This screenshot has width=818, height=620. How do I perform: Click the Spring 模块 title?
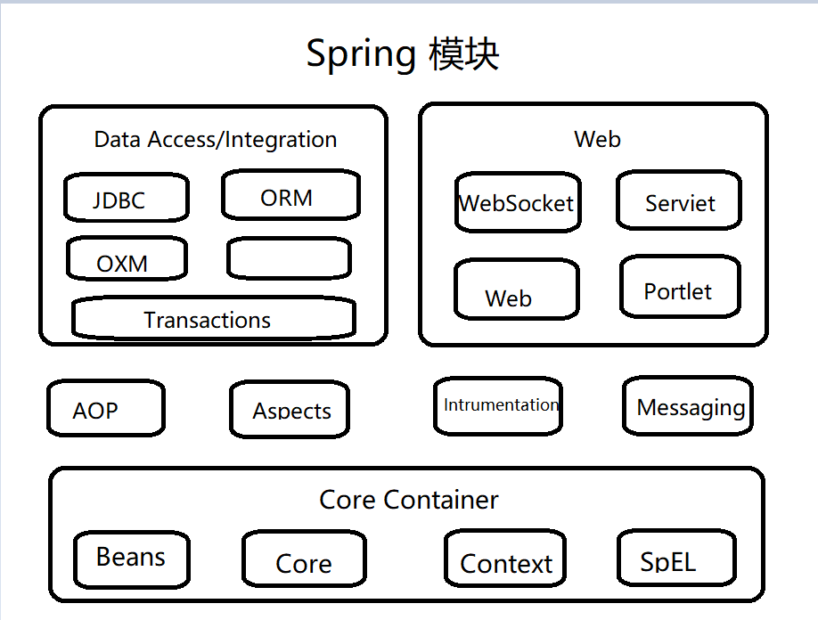403,55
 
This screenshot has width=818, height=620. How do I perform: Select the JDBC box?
126,198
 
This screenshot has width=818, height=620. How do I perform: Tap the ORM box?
290,196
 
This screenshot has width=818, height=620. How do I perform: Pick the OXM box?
127,259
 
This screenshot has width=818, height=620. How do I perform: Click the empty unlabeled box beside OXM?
289,258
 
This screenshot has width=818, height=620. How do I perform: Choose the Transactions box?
213,319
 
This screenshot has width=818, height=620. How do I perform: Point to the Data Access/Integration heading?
216,140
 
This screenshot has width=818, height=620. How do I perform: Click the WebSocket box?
516,203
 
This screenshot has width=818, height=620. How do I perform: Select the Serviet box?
679,201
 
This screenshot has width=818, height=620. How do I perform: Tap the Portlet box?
679,287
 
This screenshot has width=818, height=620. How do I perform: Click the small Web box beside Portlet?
516,290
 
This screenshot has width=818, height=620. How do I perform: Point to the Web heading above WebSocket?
597,139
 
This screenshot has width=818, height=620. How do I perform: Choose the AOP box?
105,409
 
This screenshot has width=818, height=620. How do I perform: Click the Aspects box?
289,410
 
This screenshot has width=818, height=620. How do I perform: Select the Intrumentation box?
498,405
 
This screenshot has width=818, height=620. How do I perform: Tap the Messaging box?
688,406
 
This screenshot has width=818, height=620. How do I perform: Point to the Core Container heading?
408,500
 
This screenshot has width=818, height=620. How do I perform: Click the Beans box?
131,558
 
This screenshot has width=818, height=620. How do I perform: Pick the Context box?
505,559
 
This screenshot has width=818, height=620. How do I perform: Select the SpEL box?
675,559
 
